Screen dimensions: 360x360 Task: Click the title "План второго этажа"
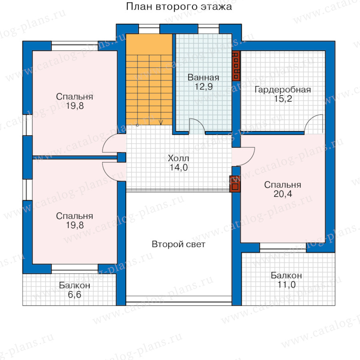tap(179, 7)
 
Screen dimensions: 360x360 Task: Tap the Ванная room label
tap(203, 77)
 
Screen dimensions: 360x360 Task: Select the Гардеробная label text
tap(283, 90)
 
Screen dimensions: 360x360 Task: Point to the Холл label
tap(178, 158)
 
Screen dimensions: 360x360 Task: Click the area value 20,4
tap(283, 194)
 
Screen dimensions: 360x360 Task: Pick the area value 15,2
tap(283, 99)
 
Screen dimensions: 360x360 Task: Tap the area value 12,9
tap(204, 87)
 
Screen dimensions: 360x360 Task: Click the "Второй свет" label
tap(178, 244)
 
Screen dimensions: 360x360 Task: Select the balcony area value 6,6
tap(74, 294)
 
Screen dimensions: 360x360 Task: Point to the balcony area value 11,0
tap(286, 285)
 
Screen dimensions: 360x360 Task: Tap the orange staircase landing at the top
tap(149, 44)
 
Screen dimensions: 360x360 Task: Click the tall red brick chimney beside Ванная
tap(236, 66)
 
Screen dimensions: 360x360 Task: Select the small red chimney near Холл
tap(235, 184)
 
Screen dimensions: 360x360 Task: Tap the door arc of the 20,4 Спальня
tap(252, 160)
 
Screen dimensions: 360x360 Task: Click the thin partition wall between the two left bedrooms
tap(75, 158)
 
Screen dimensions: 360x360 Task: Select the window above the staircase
tap(149, 29)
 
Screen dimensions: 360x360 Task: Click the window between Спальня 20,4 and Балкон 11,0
tap(283, 248)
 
